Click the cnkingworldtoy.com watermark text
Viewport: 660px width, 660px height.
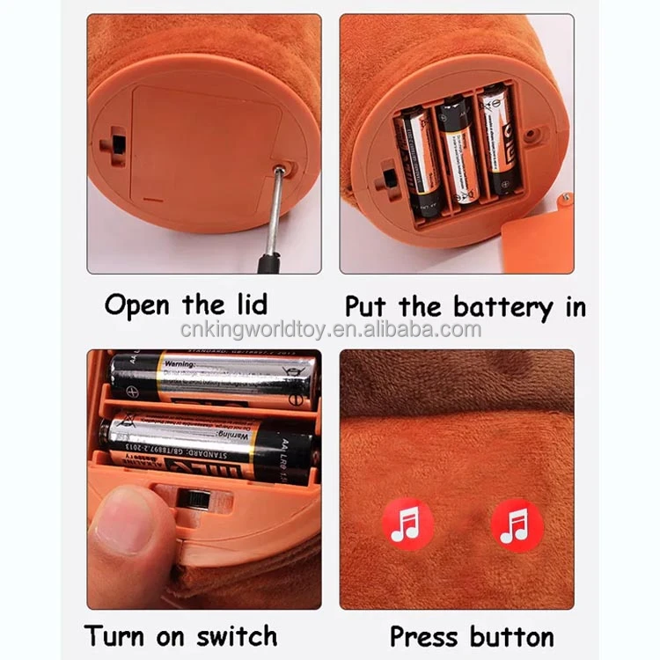[x=330, y=330]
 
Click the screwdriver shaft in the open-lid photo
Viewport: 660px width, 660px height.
[x=275, y=211]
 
